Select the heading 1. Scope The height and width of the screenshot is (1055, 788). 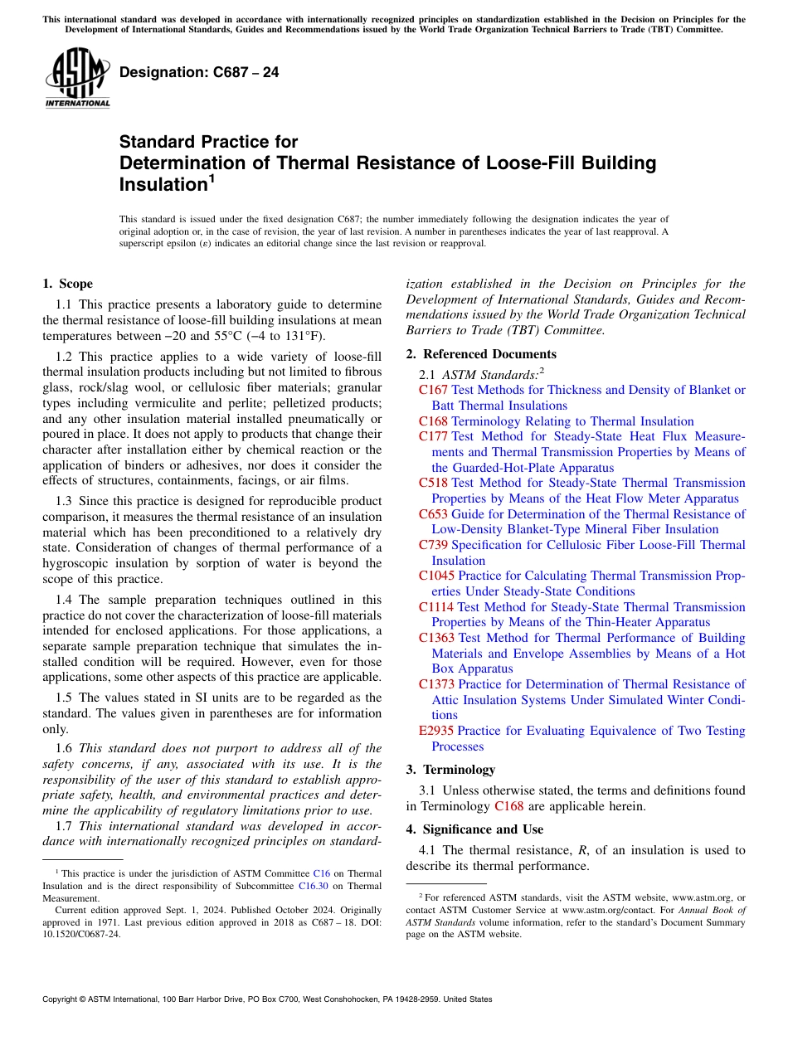click(67, 284)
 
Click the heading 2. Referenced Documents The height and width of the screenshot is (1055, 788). click(481, 354)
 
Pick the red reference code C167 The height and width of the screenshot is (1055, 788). click(433, 390)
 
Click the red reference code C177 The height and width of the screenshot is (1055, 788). click(433, 436)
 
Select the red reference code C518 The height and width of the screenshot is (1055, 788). click(433, 483)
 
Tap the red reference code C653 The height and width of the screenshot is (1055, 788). click(433, 514)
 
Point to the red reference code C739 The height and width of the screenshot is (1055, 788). click(433, 545)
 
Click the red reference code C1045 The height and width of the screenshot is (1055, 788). click(436, 576)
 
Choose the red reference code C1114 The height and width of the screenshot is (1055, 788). click(436, 607)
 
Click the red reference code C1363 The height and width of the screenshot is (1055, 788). click(436, 638)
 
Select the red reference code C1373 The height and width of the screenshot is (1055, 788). click(436, 684)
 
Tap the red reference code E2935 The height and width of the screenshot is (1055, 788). click(436, 731)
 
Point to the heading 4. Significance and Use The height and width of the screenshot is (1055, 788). click(474, 829)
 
